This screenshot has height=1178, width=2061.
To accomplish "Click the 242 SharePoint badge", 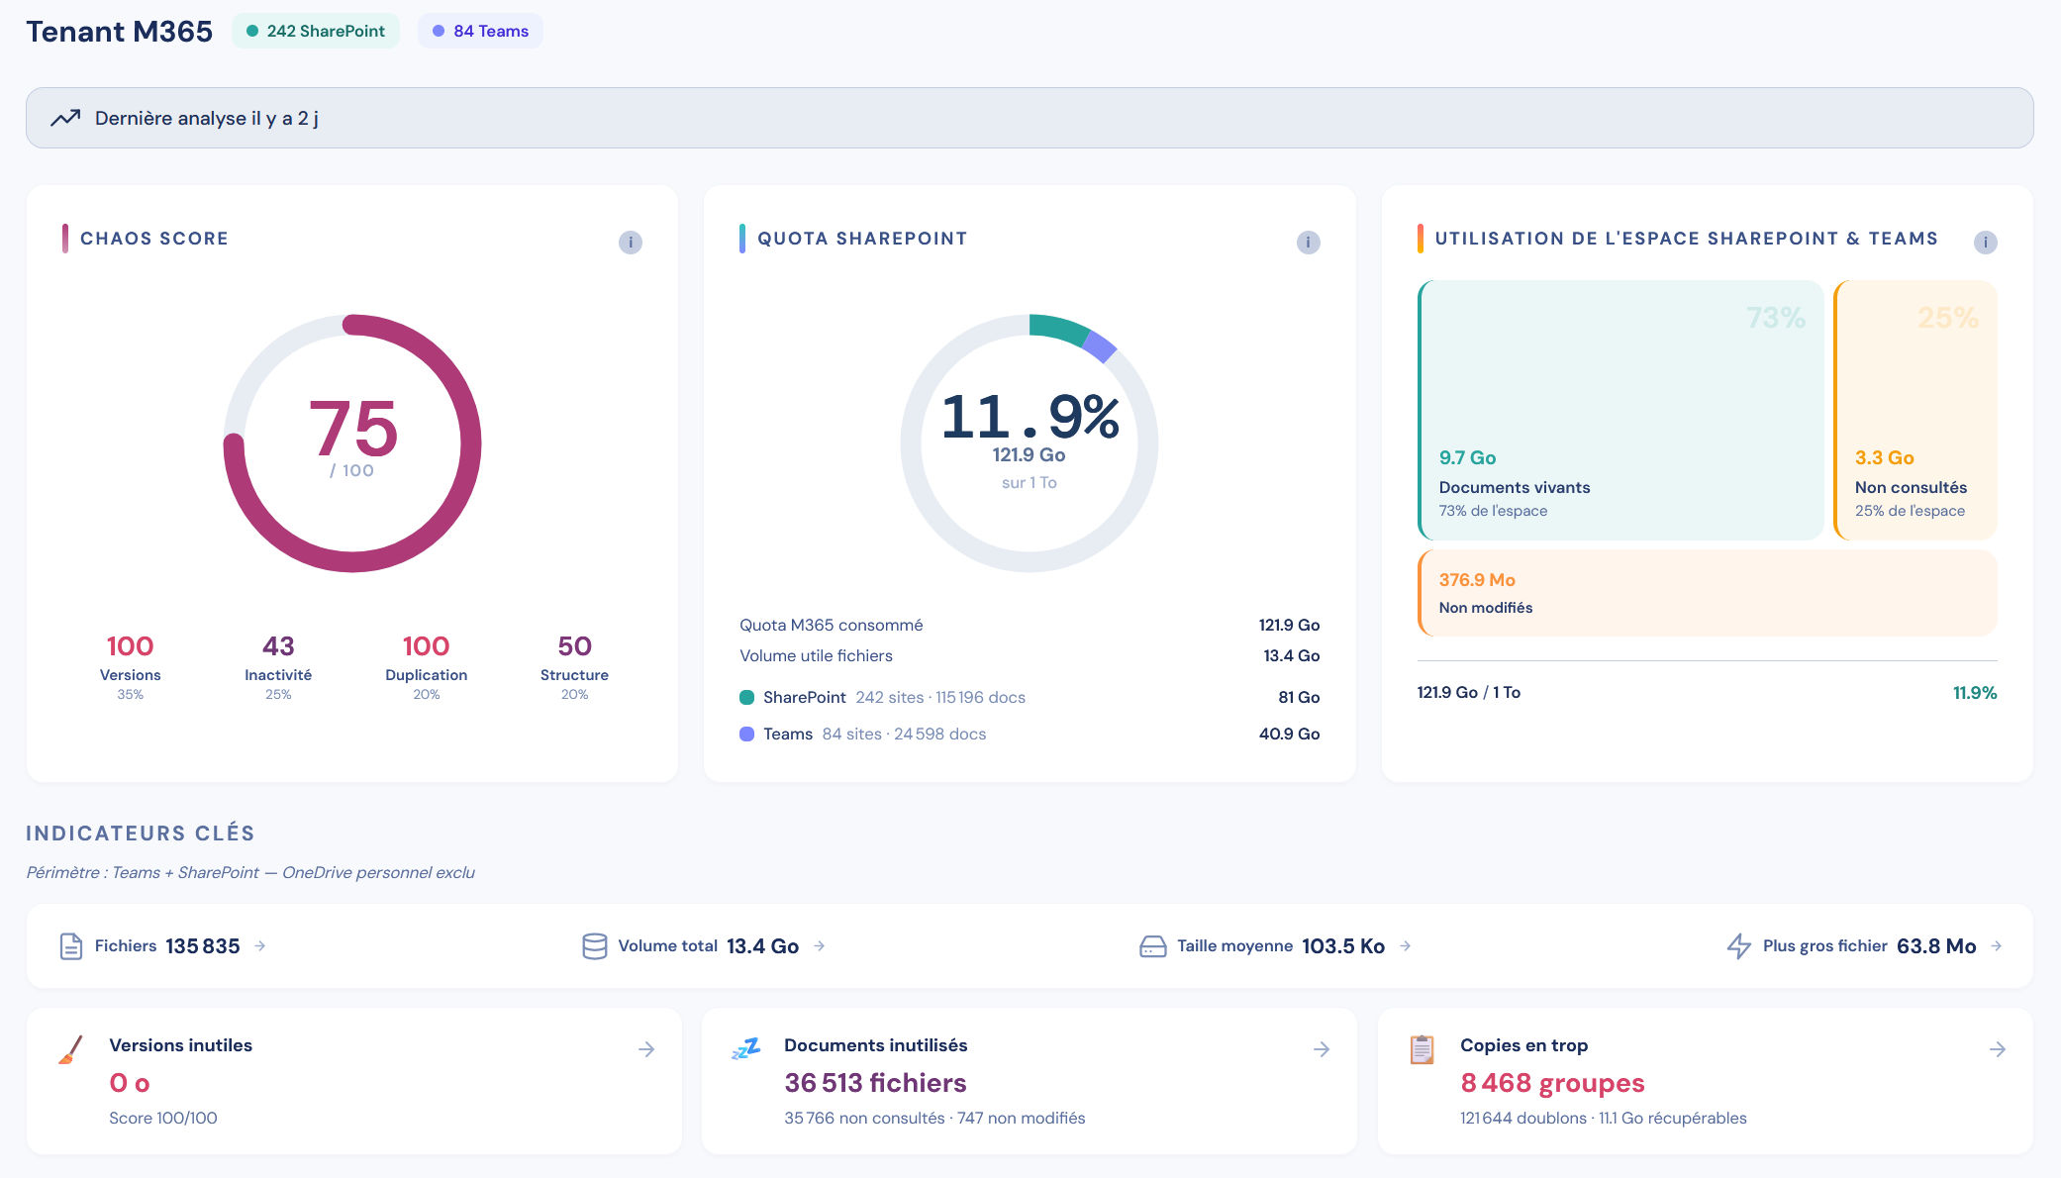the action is click(x=316, y=31).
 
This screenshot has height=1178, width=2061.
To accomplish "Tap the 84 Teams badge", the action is click(x=480, y=31).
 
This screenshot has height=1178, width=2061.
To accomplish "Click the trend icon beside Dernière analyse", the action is click(x=65, y=118).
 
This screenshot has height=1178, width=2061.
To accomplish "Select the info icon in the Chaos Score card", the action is click(x=631, y=243).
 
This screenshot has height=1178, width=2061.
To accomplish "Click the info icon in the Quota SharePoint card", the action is click(x=1309, y=243).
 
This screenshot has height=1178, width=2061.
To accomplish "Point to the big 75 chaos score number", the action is click(x=353, y=428).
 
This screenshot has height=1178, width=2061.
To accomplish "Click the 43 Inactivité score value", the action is click(x=278, y=646).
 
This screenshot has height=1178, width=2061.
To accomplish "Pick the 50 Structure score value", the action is click(x=575, y=646).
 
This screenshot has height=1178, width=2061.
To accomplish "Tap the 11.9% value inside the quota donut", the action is click(x=1030, y=416).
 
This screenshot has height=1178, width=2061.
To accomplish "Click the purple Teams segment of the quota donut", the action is click(x=1101, y=346).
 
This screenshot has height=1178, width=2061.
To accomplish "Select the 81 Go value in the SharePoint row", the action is click(x=1299, y=697).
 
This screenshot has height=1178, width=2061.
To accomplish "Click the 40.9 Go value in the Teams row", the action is click(x=1289, y=734).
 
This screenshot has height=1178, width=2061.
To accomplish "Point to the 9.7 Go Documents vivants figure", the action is click(x=1467, y=457).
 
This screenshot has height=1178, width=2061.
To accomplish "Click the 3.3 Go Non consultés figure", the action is click(x=1884, y=457).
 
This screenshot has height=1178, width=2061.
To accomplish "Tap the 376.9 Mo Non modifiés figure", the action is click(x=1477, y=580).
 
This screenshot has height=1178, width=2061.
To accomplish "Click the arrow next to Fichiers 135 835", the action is click(x=260, y=946).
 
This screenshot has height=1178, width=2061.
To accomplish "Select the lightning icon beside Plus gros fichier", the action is click(x=1739, y=946).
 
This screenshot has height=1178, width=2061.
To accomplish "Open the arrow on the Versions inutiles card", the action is click(x=646, y=1049).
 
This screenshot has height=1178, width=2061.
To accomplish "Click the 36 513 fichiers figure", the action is click(x=875, y=1083).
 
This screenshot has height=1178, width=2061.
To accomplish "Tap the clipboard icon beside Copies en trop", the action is click(x=1422, y=1049).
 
